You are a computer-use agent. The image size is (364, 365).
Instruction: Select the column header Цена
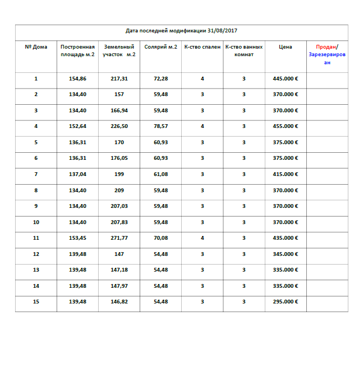coord(285,47)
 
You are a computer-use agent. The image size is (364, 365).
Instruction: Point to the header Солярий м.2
coord(161,47)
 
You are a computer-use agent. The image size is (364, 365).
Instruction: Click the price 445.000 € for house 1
coord(285,79)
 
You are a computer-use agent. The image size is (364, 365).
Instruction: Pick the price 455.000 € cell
coord(285,126)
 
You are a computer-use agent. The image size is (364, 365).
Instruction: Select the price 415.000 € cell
coord(285,174)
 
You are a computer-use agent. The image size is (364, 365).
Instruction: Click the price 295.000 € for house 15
coord(285,302)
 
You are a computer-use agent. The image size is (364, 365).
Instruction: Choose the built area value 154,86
coord(78,79)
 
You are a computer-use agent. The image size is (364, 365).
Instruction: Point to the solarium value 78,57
coord(161,126)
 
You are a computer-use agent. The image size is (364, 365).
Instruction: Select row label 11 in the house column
coord(36,238)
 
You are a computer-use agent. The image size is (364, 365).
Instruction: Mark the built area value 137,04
coord(78,174)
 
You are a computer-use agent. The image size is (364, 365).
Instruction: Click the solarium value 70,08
coord(161,238)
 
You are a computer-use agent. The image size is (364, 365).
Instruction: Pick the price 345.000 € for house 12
coord(285,254)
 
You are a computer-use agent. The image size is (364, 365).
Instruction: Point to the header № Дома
coord(36,47)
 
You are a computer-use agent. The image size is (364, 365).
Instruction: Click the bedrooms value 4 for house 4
coord(202,126)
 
